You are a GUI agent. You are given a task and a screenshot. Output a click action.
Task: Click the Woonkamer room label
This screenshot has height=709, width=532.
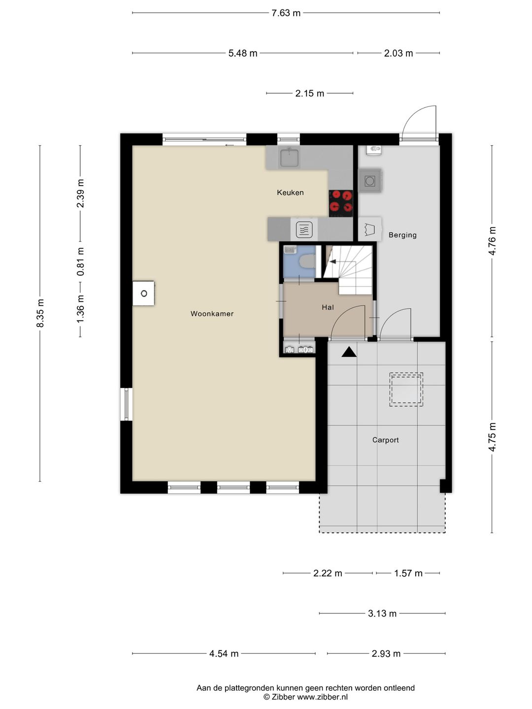tap(212, 314)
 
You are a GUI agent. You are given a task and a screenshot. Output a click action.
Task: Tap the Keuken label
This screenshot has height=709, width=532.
tap(290, 193)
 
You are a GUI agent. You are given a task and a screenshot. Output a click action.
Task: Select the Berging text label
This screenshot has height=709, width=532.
tap(402, 235)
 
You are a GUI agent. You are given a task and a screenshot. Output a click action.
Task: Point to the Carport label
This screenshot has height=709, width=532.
tap(385, 440)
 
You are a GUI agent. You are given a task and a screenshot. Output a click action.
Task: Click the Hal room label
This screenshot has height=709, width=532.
tap(328, 307)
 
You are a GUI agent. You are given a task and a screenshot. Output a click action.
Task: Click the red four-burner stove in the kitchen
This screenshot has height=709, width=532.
tap(341, 203)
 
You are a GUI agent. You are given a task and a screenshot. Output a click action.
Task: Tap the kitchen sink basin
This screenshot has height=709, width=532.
tap(289, 157)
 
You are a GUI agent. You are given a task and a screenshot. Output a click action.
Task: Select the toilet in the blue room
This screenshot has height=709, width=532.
tap(307, 261)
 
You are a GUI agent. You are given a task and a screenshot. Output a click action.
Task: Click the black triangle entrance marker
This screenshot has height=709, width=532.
tap(349, 352)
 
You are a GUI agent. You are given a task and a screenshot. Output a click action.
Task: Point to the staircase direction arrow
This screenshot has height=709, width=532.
tap(333, 261)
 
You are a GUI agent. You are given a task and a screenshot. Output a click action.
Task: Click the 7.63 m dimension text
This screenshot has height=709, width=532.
tap(286, 13)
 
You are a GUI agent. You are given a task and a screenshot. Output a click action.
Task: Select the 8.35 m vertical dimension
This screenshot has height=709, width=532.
tap(40, 313)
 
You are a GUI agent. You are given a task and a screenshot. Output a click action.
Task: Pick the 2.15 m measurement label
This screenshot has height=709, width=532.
tap(309, 94)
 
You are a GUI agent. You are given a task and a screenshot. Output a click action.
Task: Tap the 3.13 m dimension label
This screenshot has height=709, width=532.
tap(382, 613)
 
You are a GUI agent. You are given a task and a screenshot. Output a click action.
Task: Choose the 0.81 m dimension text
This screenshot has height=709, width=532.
tap(80, 261)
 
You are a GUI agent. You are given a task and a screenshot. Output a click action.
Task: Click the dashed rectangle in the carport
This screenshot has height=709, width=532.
tap(406, 389)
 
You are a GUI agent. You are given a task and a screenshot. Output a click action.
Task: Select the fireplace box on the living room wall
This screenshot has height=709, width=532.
tap(143, 293)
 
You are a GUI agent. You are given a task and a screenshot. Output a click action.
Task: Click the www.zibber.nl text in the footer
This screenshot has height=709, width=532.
tap(322, 697)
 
